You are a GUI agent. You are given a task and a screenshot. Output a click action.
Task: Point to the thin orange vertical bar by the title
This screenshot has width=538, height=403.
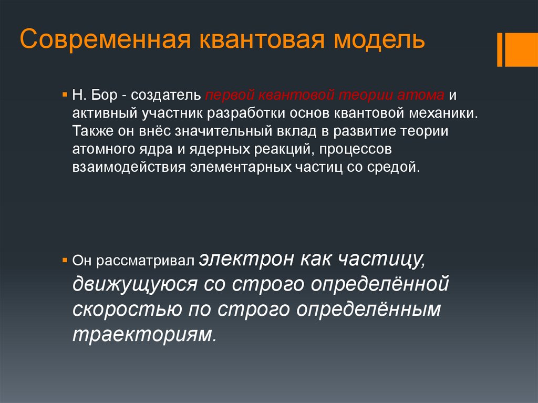[x=500, y=49]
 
